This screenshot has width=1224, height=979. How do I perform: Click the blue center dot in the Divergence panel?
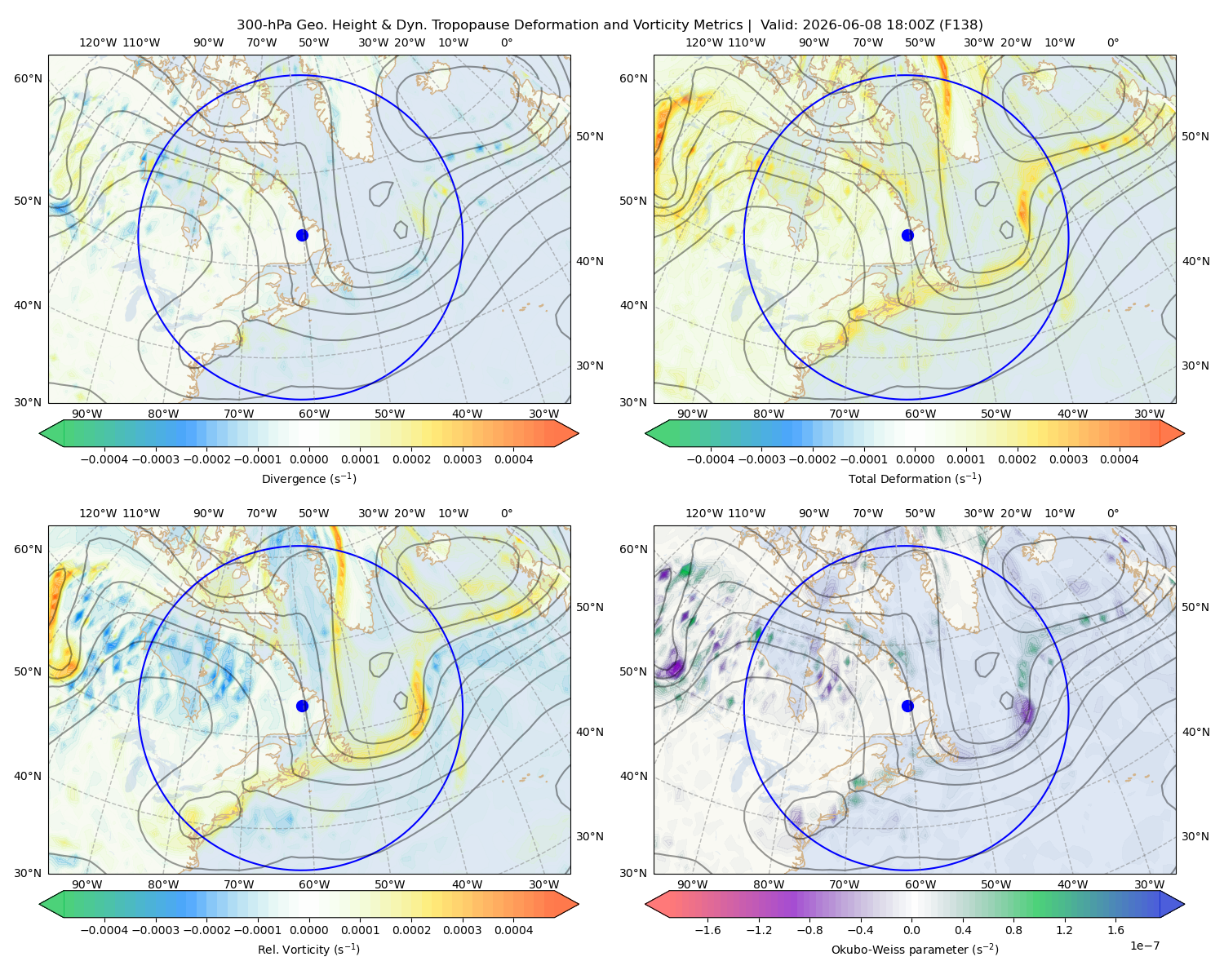click(x=302, y=235)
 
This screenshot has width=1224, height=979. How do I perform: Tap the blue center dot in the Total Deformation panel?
click(x=907, y=235)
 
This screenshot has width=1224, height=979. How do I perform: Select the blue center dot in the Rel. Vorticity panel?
click(x=302, y=706)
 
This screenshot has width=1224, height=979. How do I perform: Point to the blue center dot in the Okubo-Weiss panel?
click(x=907, y=706)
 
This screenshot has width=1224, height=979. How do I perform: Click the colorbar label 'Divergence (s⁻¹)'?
click(x=308, y=478)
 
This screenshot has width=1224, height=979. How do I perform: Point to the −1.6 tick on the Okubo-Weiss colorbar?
click(x=707, y=929)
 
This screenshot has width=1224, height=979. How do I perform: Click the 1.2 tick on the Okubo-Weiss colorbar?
click(x=1064, y=929)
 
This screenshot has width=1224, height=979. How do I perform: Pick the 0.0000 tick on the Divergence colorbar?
click(x=308, y=459)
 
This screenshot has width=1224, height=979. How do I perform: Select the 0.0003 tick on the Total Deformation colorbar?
click(x=1068, y=459)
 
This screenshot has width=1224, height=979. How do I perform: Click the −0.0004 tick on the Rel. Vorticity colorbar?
click(x=104, y=929)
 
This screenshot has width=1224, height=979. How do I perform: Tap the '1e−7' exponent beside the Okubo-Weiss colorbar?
click(x=1144, y=946)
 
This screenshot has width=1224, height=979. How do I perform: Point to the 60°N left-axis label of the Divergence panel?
click(x=28, y=78)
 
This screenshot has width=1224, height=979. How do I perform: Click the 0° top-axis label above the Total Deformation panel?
click(x=1112, y=42)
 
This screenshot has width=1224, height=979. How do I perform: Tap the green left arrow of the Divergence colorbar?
click(x=51, y=433)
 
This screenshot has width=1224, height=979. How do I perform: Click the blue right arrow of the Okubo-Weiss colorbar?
click(x=1173, y=904)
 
